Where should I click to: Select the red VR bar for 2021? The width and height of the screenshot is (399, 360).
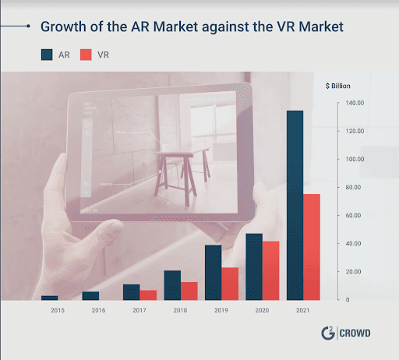pyautogui.click(x=312, y=247)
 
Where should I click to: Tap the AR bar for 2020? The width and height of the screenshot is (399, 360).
pyautogui.click(x=254, y=266)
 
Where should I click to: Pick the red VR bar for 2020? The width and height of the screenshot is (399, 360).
pyautogui.click(x=271, y=270)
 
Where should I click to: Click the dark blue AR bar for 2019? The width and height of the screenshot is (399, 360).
pyautogui.click(x=213, y=273)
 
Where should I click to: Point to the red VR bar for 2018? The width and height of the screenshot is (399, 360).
pyautogui.click(x=189, y=291)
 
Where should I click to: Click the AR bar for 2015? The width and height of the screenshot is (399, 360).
pyautogui.click(x=50, y=298)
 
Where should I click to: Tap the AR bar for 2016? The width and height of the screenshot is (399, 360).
pyautogui.click(x=90, y=296)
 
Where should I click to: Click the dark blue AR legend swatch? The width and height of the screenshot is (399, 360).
pyautogui.click(x=48, y=55)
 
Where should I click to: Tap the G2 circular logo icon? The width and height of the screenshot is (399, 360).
pyautogui.click(x=328, y=334)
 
